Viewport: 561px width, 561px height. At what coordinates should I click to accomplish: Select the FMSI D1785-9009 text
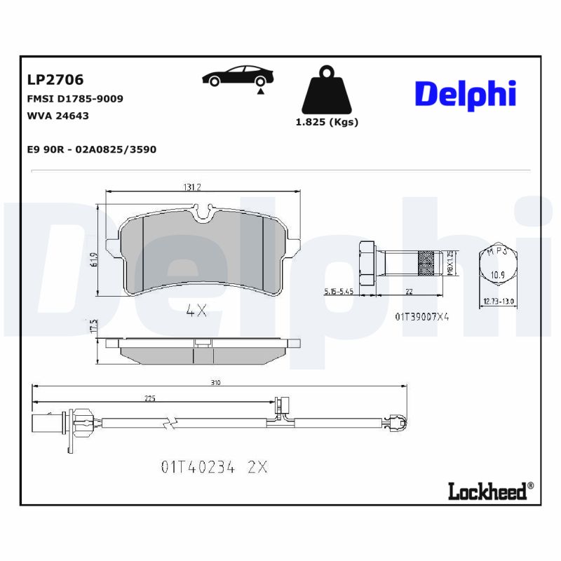pos(74,99)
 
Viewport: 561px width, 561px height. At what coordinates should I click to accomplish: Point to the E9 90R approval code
pos(90,149)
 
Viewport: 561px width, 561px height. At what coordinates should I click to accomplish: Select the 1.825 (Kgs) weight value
pos(327,122)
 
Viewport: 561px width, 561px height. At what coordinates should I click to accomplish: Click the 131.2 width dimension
pos(192,187)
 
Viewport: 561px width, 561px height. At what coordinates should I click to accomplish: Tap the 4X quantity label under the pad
pos(196,311)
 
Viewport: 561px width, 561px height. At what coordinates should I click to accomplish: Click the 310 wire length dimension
pos(215,382)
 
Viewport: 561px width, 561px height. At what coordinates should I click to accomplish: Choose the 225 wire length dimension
pos(149,398)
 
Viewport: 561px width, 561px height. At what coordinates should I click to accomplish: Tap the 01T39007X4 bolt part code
pos(421,316)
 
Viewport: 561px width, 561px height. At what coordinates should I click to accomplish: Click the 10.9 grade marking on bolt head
pos(496,276)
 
